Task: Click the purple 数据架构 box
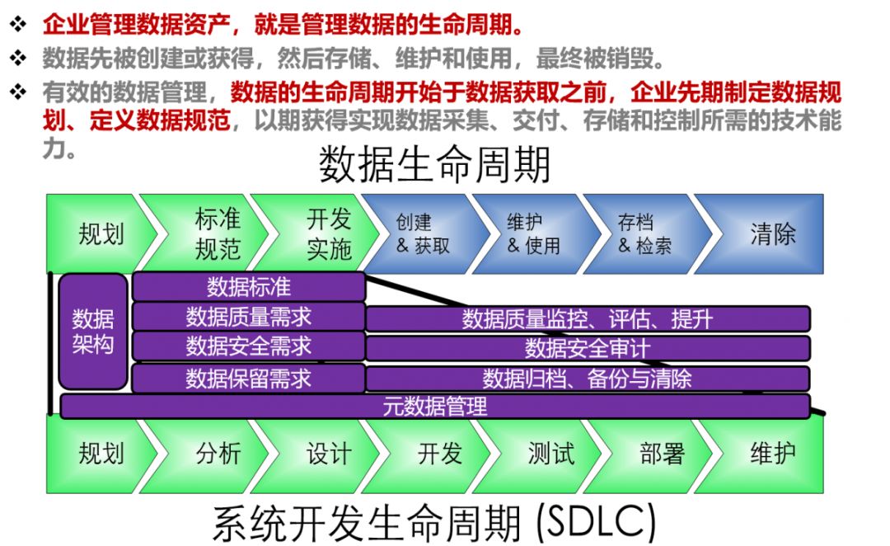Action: click(93, 332)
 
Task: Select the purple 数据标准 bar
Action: click(248, 287)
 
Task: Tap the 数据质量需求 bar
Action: click(248, 317)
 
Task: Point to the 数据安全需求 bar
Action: click(248, 346)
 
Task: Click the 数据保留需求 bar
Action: click(248, 379)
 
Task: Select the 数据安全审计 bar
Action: click(587, 348)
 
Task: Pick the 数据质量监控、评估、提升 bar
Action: click(587, 319)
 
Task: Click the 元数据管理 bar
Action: click(435, 406)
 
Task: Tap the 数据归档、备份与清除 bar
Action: click(587, 379)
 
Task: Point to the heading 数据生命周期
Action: click(434, 166)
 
